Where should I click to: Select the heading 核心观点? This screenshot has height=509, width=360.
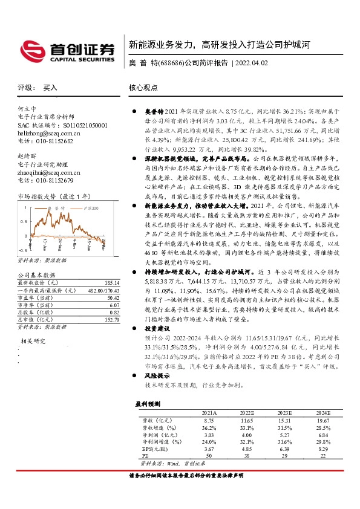click(x=143, y=88)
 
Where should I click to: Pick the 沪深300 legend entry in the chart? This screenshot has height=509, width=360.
click(x=90, y=208)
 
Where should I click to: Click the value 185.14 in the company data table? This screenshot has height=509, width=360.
click(x=111, y=282)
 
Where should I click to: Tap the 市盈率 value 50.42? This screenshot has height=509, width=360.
click(x=113, y=298)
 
